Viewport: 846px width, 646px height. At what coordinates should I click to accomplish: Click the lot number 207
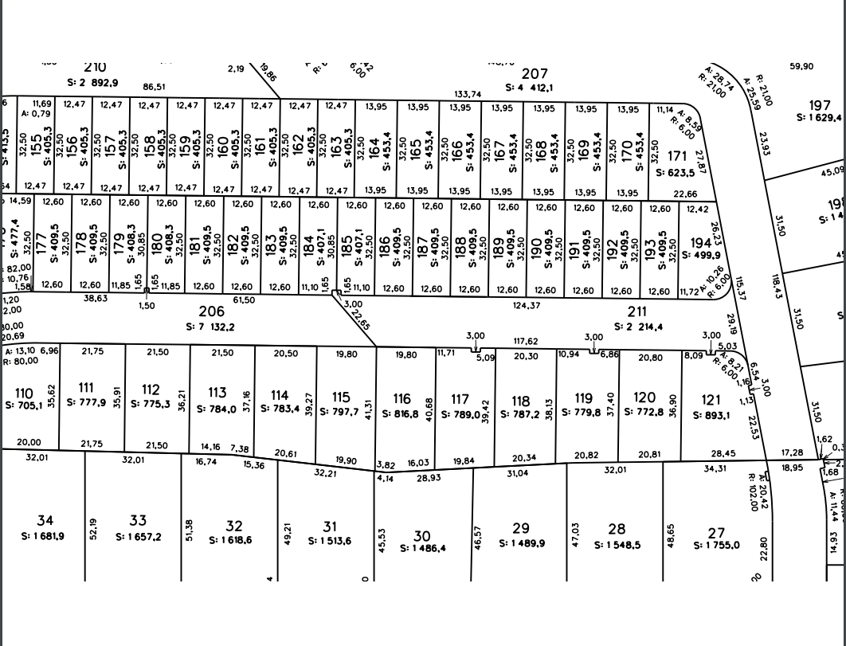pos(535,74)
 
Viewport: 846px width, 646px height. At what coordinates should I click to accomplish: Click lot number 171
pos(676,156)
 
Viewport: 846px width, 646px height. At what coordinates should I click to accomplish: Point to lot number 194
pos(701,243)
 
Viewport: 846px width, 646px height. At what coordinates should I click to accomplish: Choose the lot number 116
pos(401,399)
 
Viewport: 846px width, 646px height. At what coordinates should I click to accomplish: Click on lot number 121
pos(711,400)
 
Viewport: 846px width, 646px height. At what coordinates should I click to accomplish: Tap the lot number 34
pos(45,522)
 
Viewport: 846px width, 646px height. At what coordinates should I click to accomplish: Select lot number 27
pos(716,532)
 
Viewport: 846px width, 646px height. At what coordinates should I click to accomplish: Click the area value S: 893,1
pos(711,414)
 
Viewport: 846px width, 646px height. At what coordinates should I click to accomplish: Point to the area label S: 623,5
pos(675,172)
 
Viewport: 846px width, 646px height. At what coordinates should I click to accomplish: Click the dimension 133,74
pos(468,94)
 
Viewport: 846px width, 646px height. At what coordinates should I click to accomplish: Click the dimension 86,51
pos(155,87)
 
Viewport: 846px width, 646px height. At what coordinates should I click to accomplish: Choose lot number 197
pos(820,105)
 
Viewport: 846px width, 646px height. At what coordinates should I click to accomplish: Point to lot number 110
pos(25,393)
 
